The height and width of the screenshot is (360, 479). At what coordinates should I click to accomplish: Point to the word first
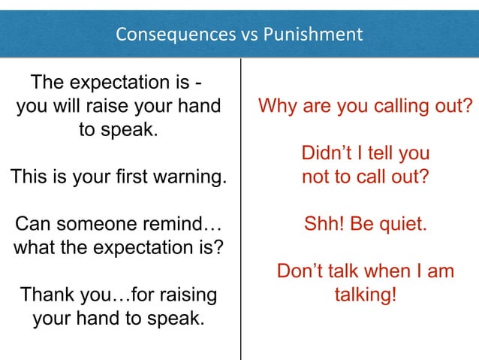pyautogui.click(x=131, y=178)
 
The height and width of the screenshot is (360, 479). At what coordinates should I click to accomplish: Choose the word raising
pyautogui.click(x=181, y=294)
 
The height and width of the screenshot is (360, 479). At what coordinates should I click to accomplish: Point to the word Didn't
pyautogui.click(x=328, y=154)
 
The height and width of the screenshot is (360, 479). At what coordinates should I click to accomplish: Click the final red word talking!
pyautogui.click(x=366, y=294)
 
